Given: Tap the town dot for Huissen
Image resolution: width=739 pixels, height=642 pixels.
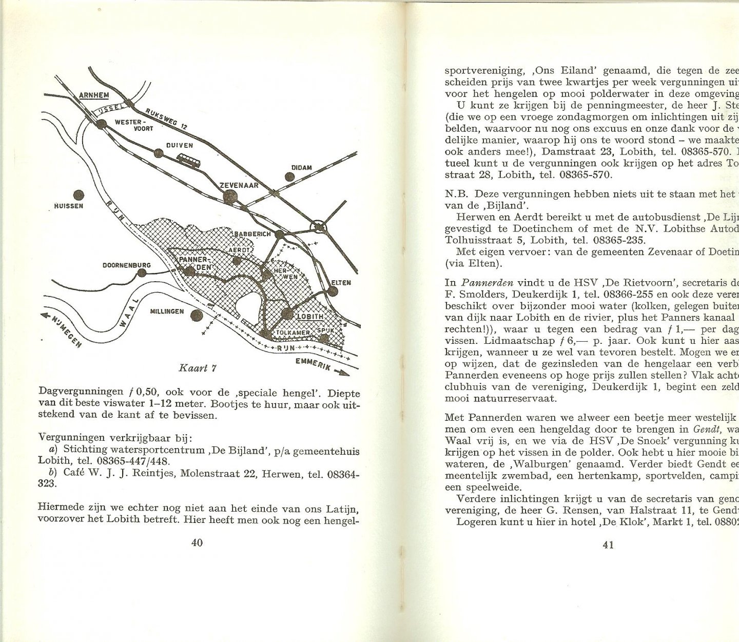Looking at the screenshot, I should pos(79,195).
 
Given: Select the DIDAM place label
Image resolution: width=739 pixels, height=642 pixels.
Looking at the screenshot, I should pos(301,167).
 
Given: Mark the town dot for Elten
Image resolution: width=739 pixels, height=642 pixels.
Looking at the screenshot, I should pos(333,291).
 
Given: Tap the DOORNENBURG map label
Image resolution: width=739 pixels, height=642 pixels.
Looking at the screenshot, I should pos(126,266).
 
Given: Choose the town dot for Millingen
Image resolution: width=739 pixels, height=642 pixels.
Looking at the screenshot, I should pos(196,316).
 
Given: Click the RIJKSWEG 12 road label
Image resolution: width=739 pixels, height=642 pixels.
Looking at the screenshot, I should pos(164,119).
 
